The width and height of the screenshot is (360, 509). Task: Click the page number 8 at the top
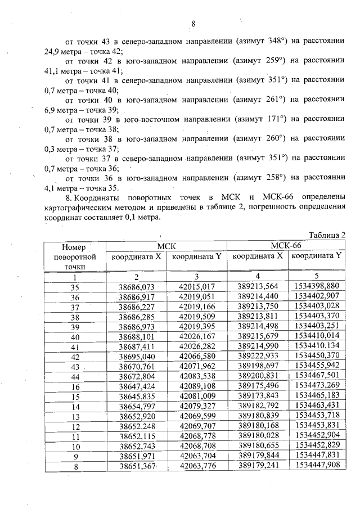(x=193, y=24)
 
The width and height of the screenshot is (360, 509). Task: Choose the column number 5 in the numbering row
(x=316, y=276)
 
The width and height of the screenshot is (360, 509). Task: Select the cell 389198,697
(x=257, y=366)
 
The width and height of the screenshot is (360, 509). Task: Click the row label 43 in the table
(x=75, y=366)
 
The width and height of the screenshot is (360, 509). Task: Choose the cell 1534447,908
(x=316, y=466)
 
